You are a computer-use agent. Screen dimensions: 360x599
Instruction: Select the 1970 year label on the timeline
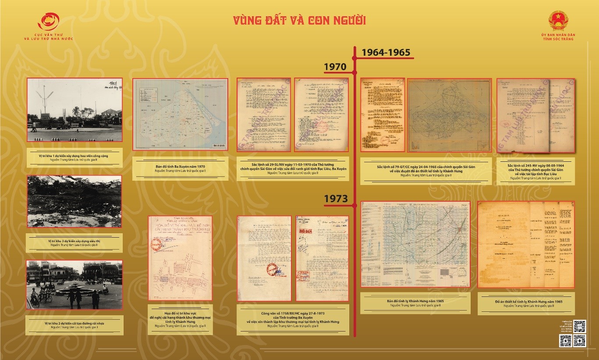tap(335, 67)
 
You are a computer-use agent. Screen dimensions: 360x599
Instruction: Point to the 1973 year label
tap(335, 199)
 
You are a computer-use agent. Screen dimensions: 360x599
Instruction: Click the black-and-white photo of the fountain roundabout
tap(74, 285)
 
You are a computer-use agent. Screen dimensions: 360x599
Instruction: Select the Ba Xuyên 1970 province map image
tap(180, 116)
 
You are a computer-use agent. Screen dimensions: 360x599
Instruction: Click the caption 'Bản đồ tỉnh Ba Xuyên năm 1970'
tap(180, 167)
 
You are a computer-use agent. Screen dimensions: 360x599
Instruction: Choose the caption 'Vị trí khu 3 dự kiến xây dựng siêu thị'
tap(74, 242)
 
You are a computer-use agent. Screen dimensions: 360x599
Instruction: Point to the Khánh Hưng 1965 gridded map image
tap(415, 244)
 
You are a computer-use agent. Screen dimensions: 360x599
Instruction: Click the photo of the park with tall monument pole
tap(74, 110)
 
